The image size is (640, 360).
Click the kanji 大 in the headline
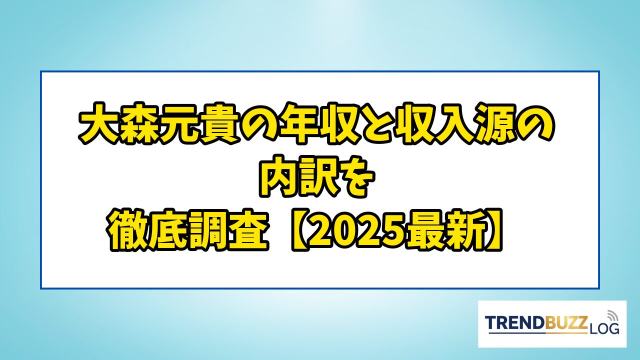pyautogui.click(x=98, y=123)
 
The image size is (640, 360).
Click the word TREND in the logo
pyautogui.click(x=515, y=323)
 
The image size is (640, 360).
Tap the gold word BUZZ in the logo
pyautogui.click(x=566, y=323)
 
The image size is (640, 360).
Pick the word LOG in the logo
pyautogui.click(x=604, y=329)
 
